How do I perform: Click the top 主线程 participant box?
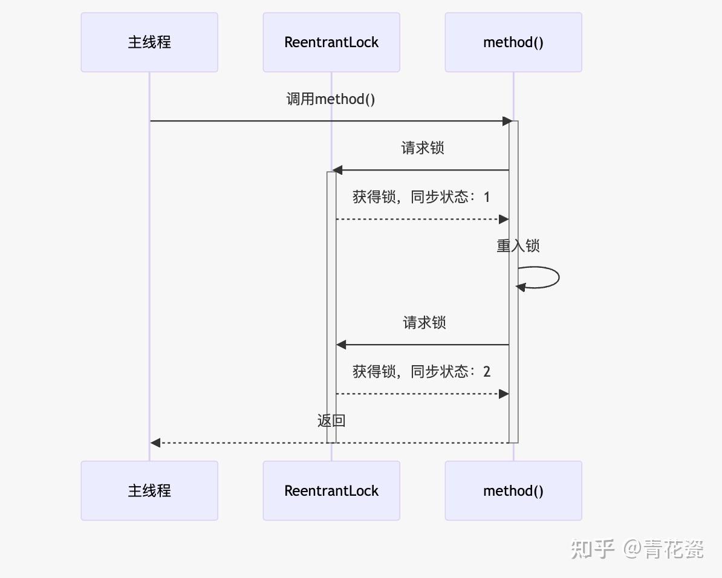pos(149,42)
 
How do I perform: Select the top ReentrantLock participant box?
pos(331,42)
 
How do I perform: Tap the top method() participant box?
pos(513,42)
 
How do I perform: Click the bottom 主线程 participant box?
pos(149,490)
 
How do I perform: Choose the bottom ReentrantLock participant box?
pos(331,490)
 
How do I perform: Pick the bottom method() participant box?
pos(513,490)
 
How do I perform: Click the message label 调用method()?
pos(331,99)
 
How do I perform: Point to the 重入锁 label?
pos(518,246)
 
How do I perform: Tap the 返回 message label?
pos(331,421)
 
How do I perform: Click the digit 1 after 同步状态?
pos(487,197)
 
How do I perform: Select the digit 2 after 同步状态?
pos(487,371)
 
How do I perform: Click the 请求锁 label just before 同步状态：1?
pos(423,148)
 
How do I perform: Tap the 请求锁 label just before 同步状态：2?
pos(424,322)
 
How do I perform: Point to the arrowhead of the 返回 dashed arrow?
pos(155,443)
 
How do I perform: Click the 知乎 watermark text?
pos(593,549)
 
